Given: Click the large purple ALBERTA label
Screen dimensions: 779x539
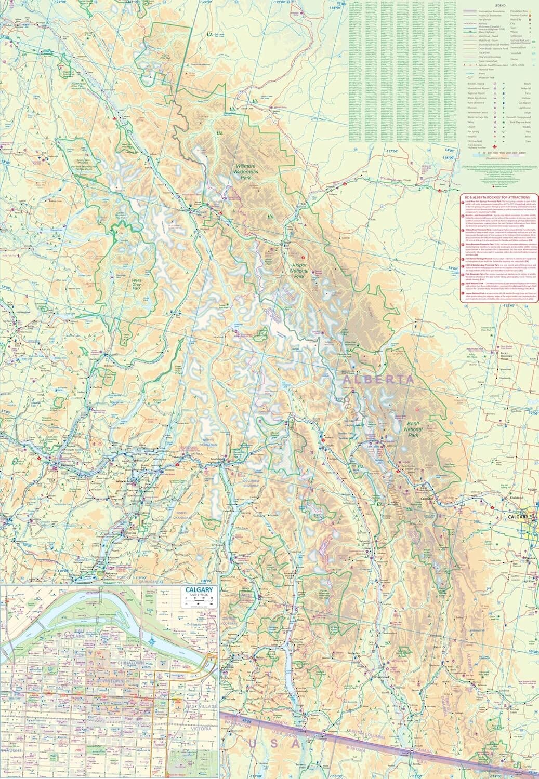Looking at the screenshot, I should [379, 380].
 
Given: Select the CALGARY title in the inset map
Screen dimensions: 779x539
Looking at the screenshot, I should [198, 590].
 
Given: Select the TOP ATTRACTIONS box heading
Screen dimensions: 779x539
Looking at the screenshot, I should [498, 197].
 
